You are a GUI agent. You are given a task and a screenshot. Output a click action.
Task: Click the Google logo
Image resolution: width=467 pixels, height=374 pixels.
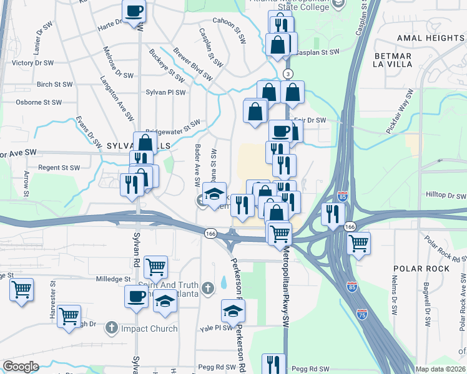[x=21, y=367]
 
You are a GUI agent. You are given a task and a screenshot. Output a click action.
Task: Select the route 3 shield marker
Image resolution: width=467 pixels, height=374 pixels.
[x=288, y=74]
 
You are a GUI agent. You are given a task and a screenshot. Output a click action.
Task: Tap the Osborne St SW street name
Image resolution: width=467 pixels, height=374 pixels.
[x=39, y=102]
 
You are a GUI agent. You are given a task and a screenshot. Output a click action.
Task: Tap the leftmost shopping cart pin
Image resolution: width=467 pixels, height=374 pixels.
[x=21, y=289]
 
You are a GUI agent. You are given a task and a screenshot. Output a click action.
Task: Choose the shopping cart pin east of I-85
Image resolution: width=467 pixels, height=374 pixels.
[x=358, y=243]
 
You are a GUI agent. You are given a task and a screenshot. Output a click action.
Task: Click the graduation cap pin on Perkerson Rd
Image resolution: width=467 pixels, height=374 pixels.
[x=232, y=310]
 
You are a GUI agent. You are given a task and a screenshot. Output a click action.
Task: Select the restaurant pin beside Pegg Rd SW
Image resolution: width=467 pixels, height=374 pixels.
[x=273, y=363]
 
